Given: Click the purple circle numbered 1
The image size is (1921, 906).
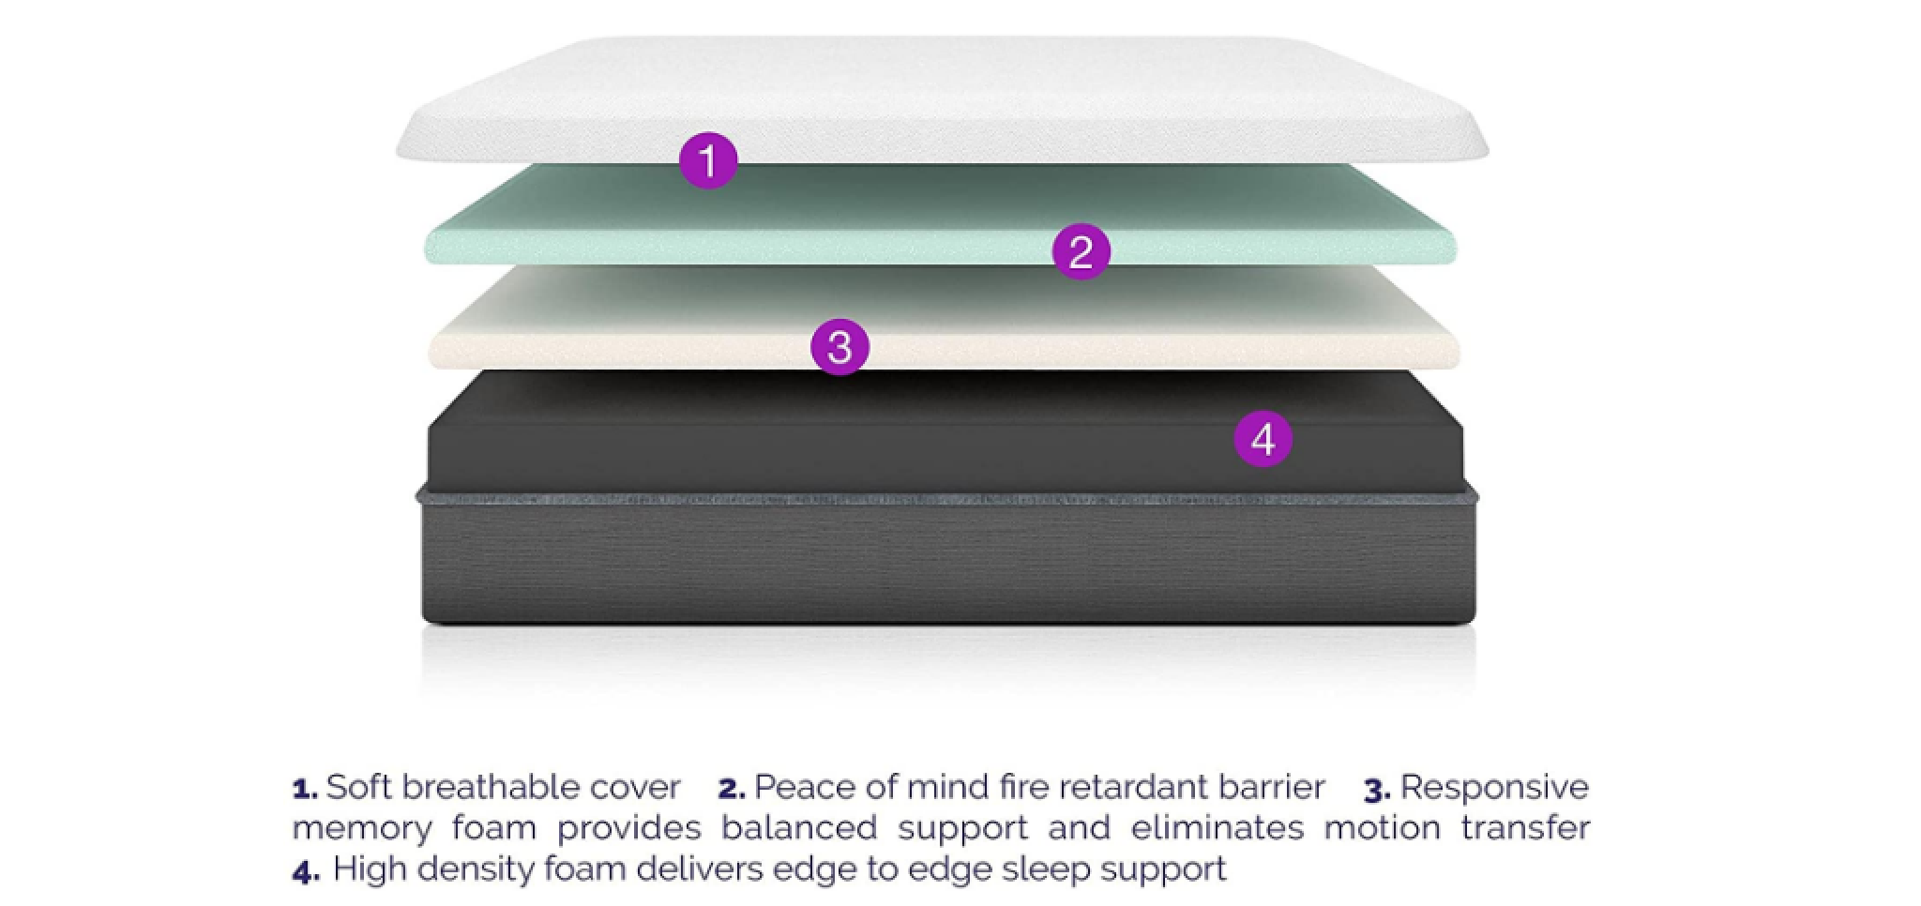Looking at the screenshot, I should [x=708, y=159].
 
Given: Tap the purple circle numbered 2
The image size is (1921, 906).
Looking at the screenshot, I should [x=1081, y=251].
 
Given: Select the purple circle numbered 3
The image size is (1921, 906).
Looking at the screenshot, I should [x=839, y=347].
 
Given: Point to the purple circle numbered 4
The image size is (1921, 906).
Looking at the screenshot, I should [x=1263, y=439].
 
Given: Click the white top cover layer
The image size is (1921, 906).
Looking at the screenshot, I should [x=938, y=94].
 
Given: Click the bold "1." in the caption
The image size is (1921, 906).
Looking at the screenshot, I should [x=306, y=789].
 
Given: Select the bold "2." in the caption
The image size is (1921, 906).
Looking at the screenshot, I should [x=732, y=789].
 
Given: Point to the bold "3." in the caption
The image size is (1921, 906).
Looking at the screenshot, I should [x=1377, y=790].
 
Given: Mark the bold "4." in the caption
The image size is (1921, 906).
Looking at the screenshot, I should [x=306, y=871].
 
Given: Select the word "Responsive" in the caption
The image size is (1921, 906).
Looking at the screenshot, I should [x=1494, y=787].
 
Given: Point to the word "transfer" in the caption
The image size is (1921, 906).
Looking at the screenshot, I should [x=1525, y=828].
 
